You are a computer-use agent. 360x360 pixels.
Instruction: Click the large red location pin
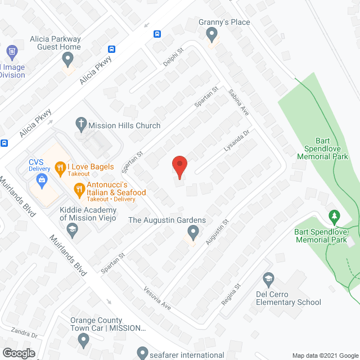point(179,166)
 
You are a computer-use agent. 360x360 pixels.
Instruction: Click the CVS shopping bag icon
point(41,180)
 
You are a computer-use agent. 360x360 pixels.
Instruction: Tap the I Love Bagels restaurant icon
point(60,167)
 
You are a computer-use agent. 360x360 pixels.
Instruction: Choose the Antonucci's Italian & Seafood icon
point(79,188)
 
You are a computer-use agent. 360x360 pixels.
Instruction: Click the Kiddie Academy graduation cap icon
point(72,229)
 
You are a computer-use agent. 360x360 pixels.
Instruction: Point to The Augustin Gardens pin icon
point(193,231)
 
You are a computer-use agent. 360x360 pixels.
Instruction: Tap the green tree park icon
point(335,217)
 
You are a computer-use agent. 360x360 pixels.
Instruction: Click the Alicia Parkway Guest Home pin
point(68,59)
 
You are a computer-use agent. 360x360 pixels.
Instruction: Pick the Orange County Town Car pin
point(83,340)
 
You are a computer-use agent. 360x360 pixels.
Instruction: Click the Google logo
point(18,353)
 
